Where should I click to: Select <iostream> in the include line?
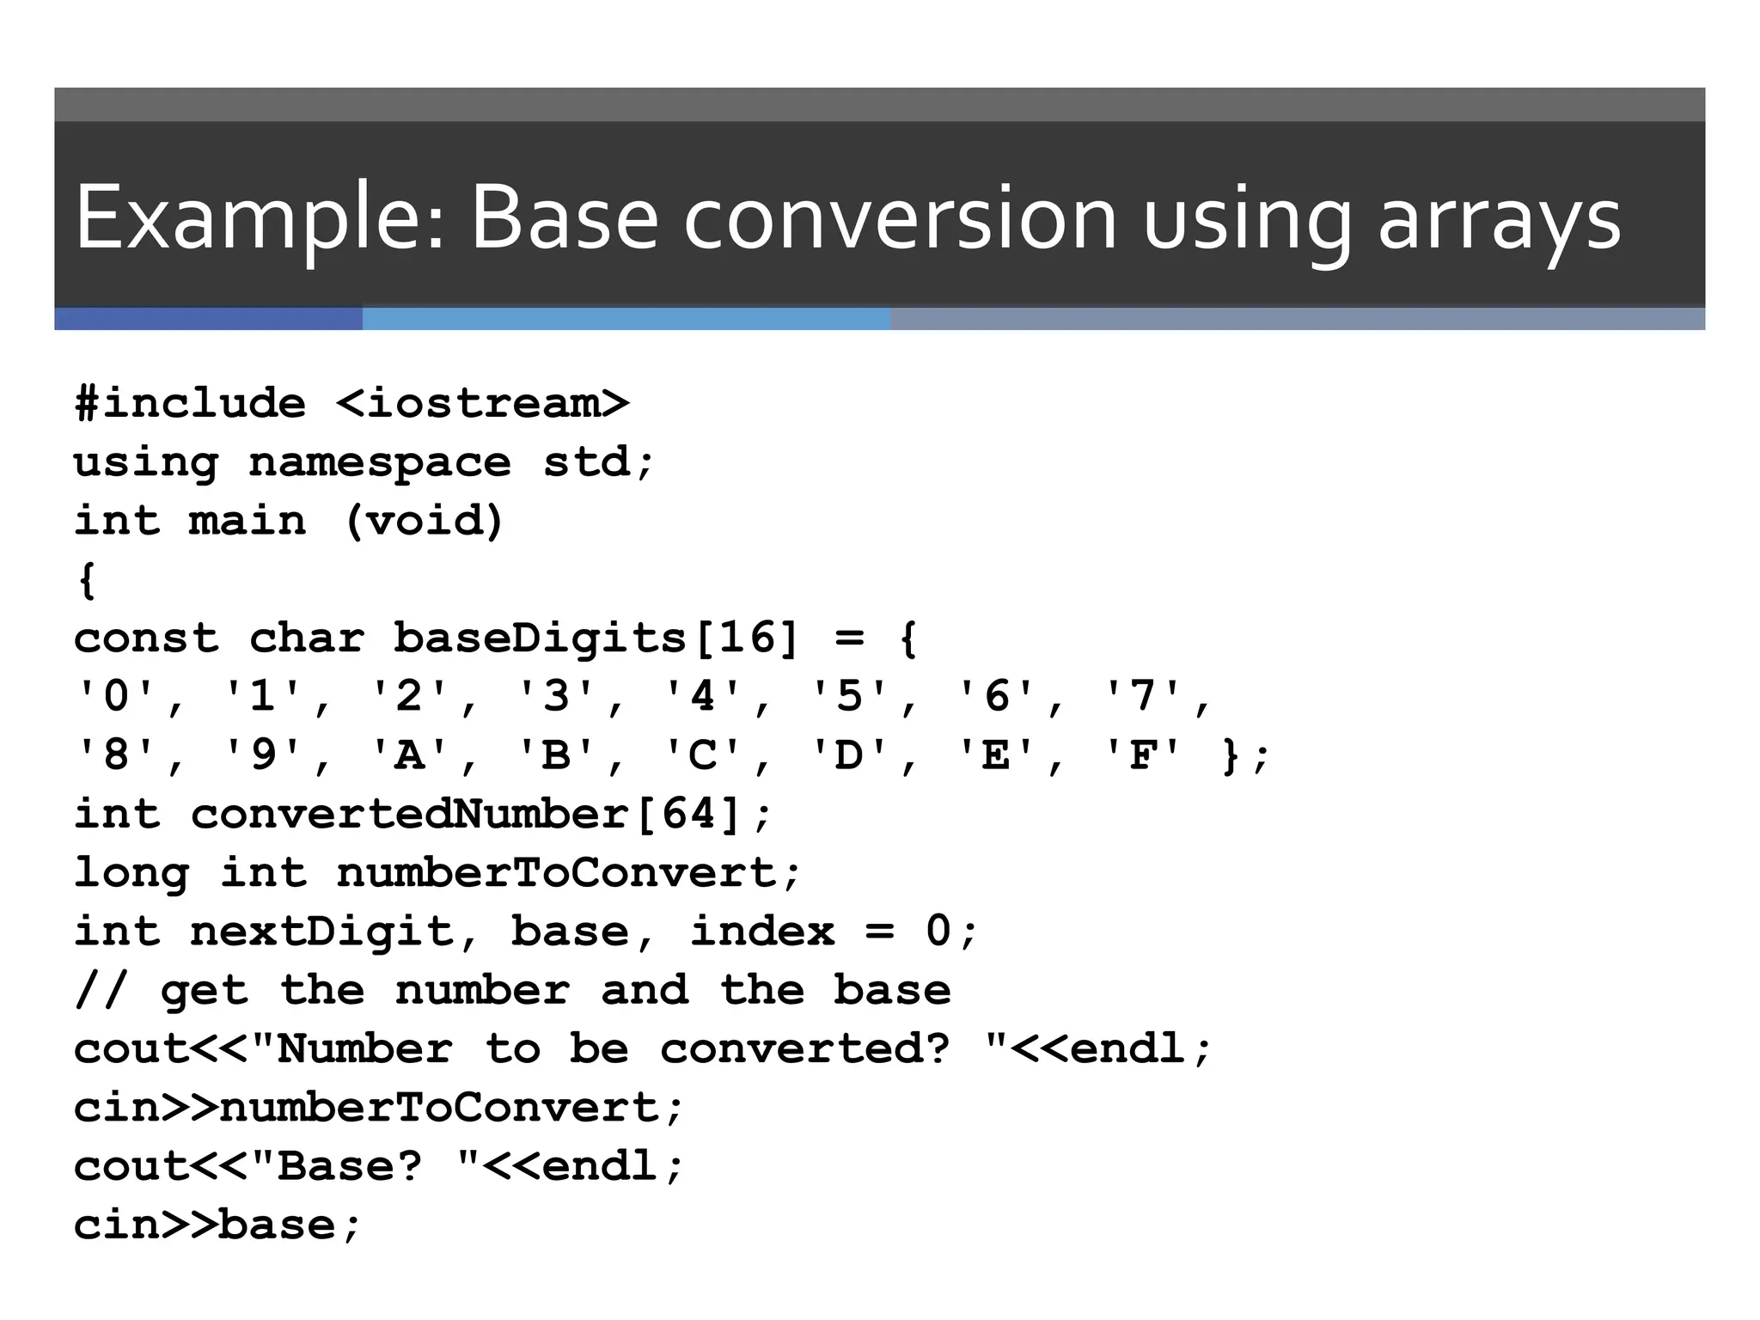[482, 403]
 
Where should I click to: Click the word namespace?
[379, 462]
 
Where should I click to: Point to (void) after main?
[424, 521]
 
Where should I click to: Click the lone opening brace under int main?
[86, 579]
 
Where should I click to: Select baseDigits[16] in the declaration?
[596, 639]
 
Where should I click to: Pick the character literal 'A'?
[410, 755]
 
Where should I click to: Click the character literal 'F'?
[1142, 755]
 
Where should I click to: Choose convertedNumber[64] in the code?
[465, 814]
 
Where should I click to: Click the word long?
[131, 873]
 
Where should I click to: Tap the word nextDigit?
[320, 932]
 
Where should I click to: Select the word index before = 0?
[761, 932]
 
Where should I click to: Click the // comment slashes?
[101, 990]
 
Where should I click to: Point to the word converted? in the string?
[804, 1048]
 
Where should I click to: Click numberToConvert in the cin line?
[438, 1108]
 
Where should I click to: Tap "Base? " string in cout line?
[364, 1166]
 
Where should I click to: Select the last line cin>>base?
[217, 1225]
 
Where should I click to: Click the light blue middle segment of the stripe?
[626, 319]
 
